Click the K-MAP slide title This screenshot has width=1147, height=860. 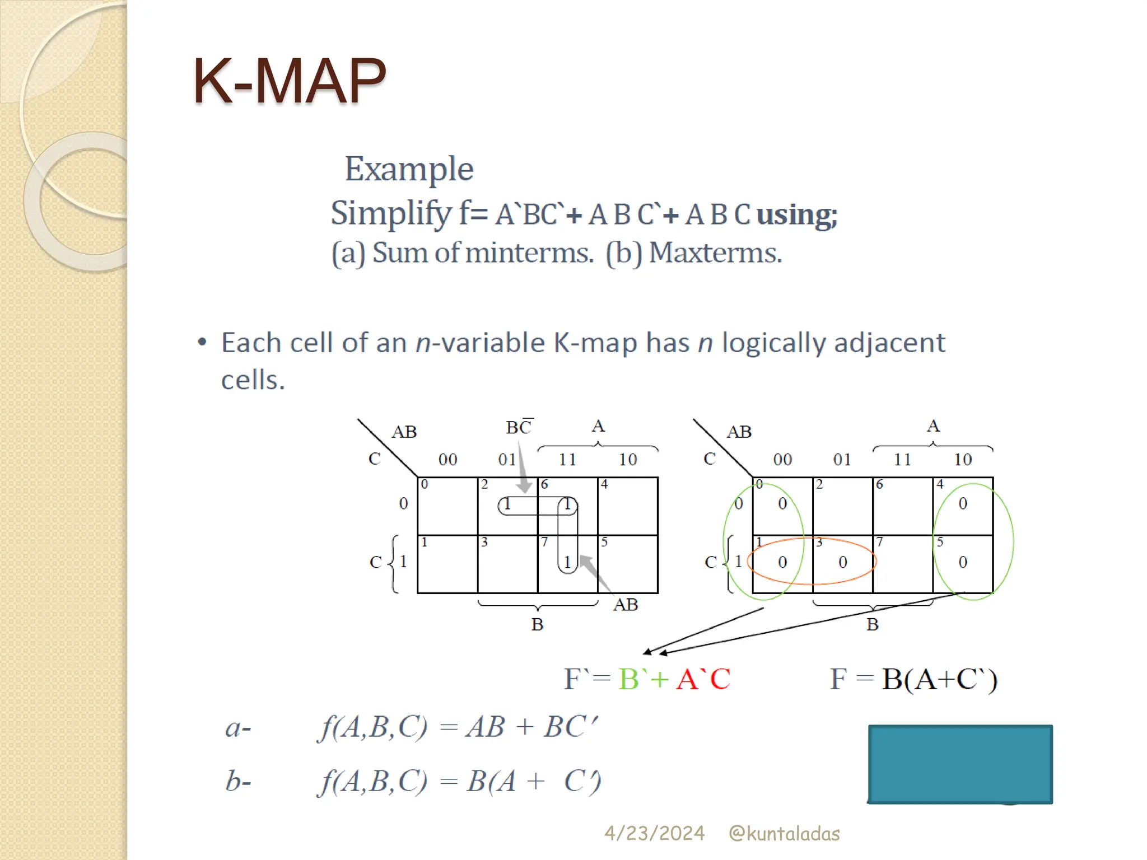pos(289,81)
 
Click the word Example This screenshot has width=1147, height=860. pos(409,169)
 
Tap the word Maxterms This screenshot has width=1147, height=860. pos(715,253)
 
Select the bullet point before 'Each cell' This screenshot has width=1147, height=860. pos(202,342)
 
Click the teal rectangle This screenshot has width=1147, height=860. pos(960,764)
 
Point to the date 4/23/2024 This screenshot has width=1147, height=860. pos(654,833)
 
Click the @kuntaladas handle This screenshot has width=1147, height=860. pos(784,834)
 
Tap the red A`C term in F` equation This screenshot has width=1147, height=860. pos(703,679)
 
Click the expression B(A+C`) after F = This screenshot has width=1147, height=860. pos(939,679)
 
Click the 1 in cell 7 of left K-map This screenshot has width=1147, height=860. pos(567,562)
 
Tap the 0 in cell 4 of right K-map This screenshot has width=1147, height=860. pos(963,503)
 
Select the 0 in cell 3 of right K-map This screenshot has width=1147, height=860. pos(843,562)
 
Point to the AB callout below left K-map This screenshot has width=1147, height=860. pos(626,605)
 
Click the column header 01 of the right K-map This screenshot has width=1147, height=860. pos(842,460)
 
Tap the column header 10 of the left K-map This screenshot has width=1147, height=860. pos(628,460)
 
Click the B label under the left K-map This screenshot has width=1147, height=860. pos(538,624)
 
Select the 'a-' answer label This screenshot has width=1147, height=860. pos(238,728)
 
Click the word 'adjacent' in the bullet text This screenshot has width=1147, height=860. pos(889,343)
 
